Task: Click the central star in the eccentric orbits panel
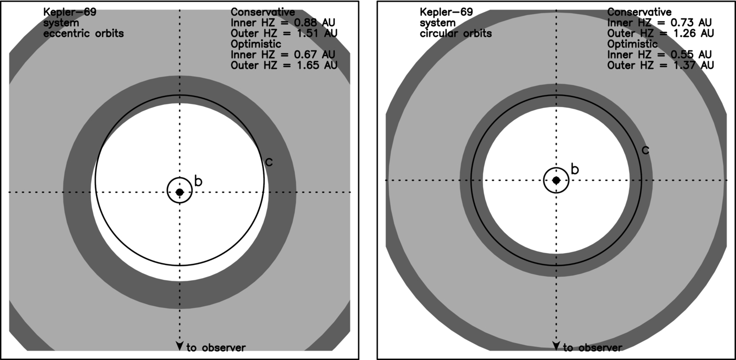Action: (x=179, y=192)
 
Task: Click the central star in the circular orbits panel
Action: (x=556, y=180)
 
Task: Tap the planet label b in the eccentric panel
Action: (x=198, y=181)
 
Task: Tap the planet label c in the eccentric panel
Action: (x=269, y=162)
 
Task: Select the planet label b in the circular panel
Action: (x=574, y=169)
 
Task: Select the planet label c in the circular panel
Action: (x=645, y=150)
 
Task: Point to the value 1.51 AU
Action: (x=317, y=33)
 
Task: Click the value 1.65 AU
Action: (x=317, y=65)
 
